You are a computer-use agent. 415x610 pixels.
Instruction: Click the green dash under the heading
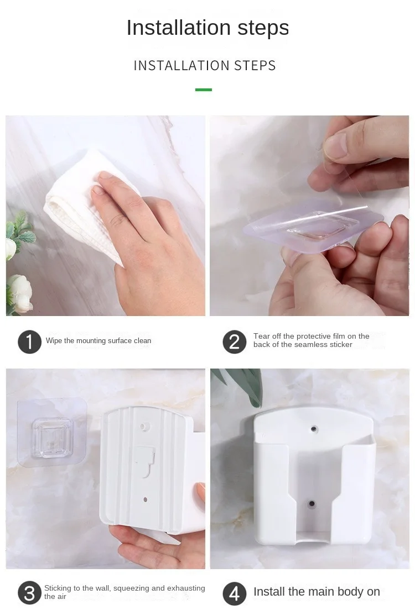click(x=204, y=90)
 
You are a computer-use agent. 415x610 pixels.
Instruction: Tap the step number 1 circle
click(x=30, y=342)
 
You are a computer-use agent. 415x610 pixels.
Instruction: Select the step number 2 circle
click(x=234, y=342)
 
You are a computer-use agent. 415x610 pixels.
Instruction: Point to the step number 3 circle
click(x=30, y=593)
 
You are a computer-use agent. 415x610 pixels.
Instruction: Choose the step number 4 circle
click(x=234, y=593)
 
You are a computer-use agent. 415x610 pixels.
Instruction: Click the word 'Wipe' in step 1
click(x=54, y=341)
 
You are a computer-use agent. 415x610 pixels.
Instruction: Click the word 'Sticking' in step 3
click(x=58, y=588)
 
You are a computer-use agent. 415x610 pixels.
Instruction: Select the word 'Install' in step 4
click(x=269, y=592)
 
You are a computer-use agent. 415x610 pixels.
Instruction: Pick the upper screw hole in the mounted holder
click(x=314, y=429)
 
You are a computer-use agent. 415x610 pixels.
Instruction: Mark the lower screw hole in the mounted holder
click(x=312, y=504)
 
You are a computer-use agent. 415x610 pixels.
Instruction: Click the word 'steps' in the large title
click(x=263, y=28)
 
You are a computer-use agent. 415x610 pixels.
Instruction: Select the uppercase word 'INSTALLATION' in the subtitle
click(x=181, y=66)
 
